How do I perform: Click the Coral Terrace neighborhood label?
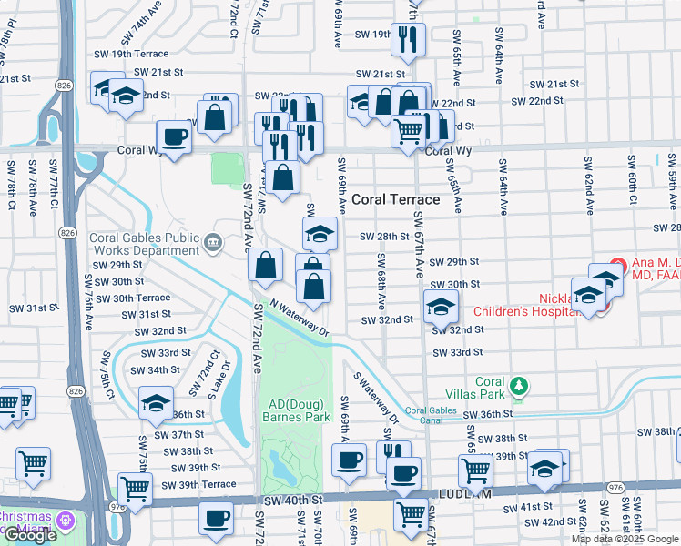(x=397, y=199)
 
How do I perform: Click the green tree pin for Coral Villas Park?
(x=518, y=386)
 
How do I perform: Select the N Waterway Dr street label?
(x=300, y=319)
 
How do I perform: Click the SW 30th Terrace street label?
(x=132, y=298)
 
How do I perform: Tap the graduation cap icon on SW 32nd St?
(x=440, y=306)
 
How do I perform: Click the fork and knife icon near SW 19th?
(x=407, y=38)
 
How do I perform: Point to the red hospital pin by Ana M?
(x=617, y=267)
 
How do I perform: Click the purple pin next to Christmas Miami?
(x=63, y=521)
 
